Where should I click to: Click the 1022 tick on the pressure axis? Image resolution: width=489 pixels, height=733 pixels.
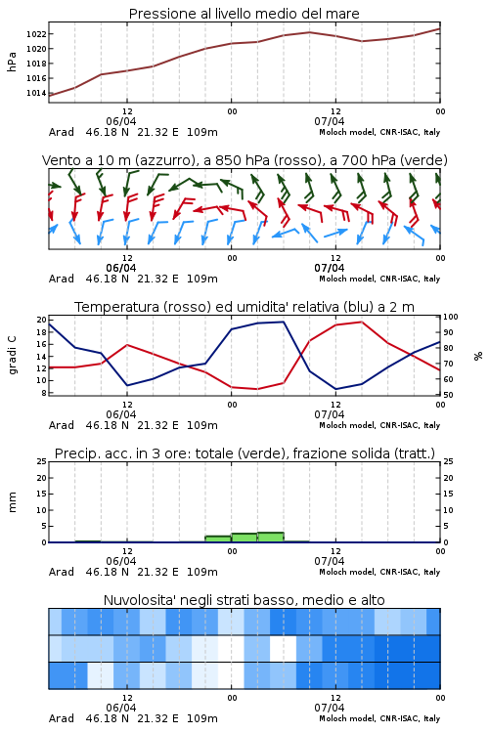(36, 33)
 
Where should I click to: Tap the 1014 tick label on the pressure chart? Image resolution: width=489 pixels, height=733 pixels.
(36, 93)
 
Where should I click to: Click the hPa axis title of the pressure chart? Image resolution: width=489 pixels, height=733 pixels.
(12, 62)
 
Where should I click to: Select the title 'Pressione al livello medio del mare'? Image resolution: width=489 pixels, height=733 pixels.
(244, 14)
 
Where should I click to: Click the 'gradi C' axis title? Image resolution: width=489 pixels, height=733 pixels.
(12, 355)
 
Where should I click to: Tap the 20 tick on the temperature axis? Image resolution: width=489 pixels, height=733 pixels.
(42, 320)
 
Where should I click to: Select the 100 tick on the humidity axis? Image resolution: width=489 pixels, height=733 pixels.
(451, 317)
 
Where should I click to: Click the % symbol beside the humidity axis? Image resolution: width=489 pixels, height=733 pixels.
(478, 356)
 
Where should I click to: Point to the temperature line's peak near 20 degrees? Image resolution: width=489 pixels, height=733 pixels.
(361, 323)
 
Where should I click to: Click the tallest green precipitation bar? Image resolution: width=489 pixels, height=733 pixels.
(271, 538)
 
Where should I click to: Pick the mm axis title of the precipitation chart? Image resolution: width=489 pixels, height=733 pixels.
(12, 502)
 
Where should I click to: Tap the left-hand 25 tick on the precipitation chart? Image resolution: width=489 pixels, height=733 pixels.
(42, 462)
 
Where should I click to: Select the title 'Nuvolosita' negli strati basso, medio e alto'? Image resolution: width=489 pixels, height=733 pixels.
(244, 600)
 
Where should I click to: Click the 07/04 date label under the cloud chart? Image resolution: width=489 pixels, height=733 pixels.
(330, 708)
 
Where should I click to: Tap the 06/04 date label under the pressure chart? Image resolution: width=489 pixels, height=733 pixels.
(121, 121)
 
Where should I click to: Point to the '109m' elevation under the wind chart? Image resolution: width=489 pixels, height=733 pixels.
(202, 279)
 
